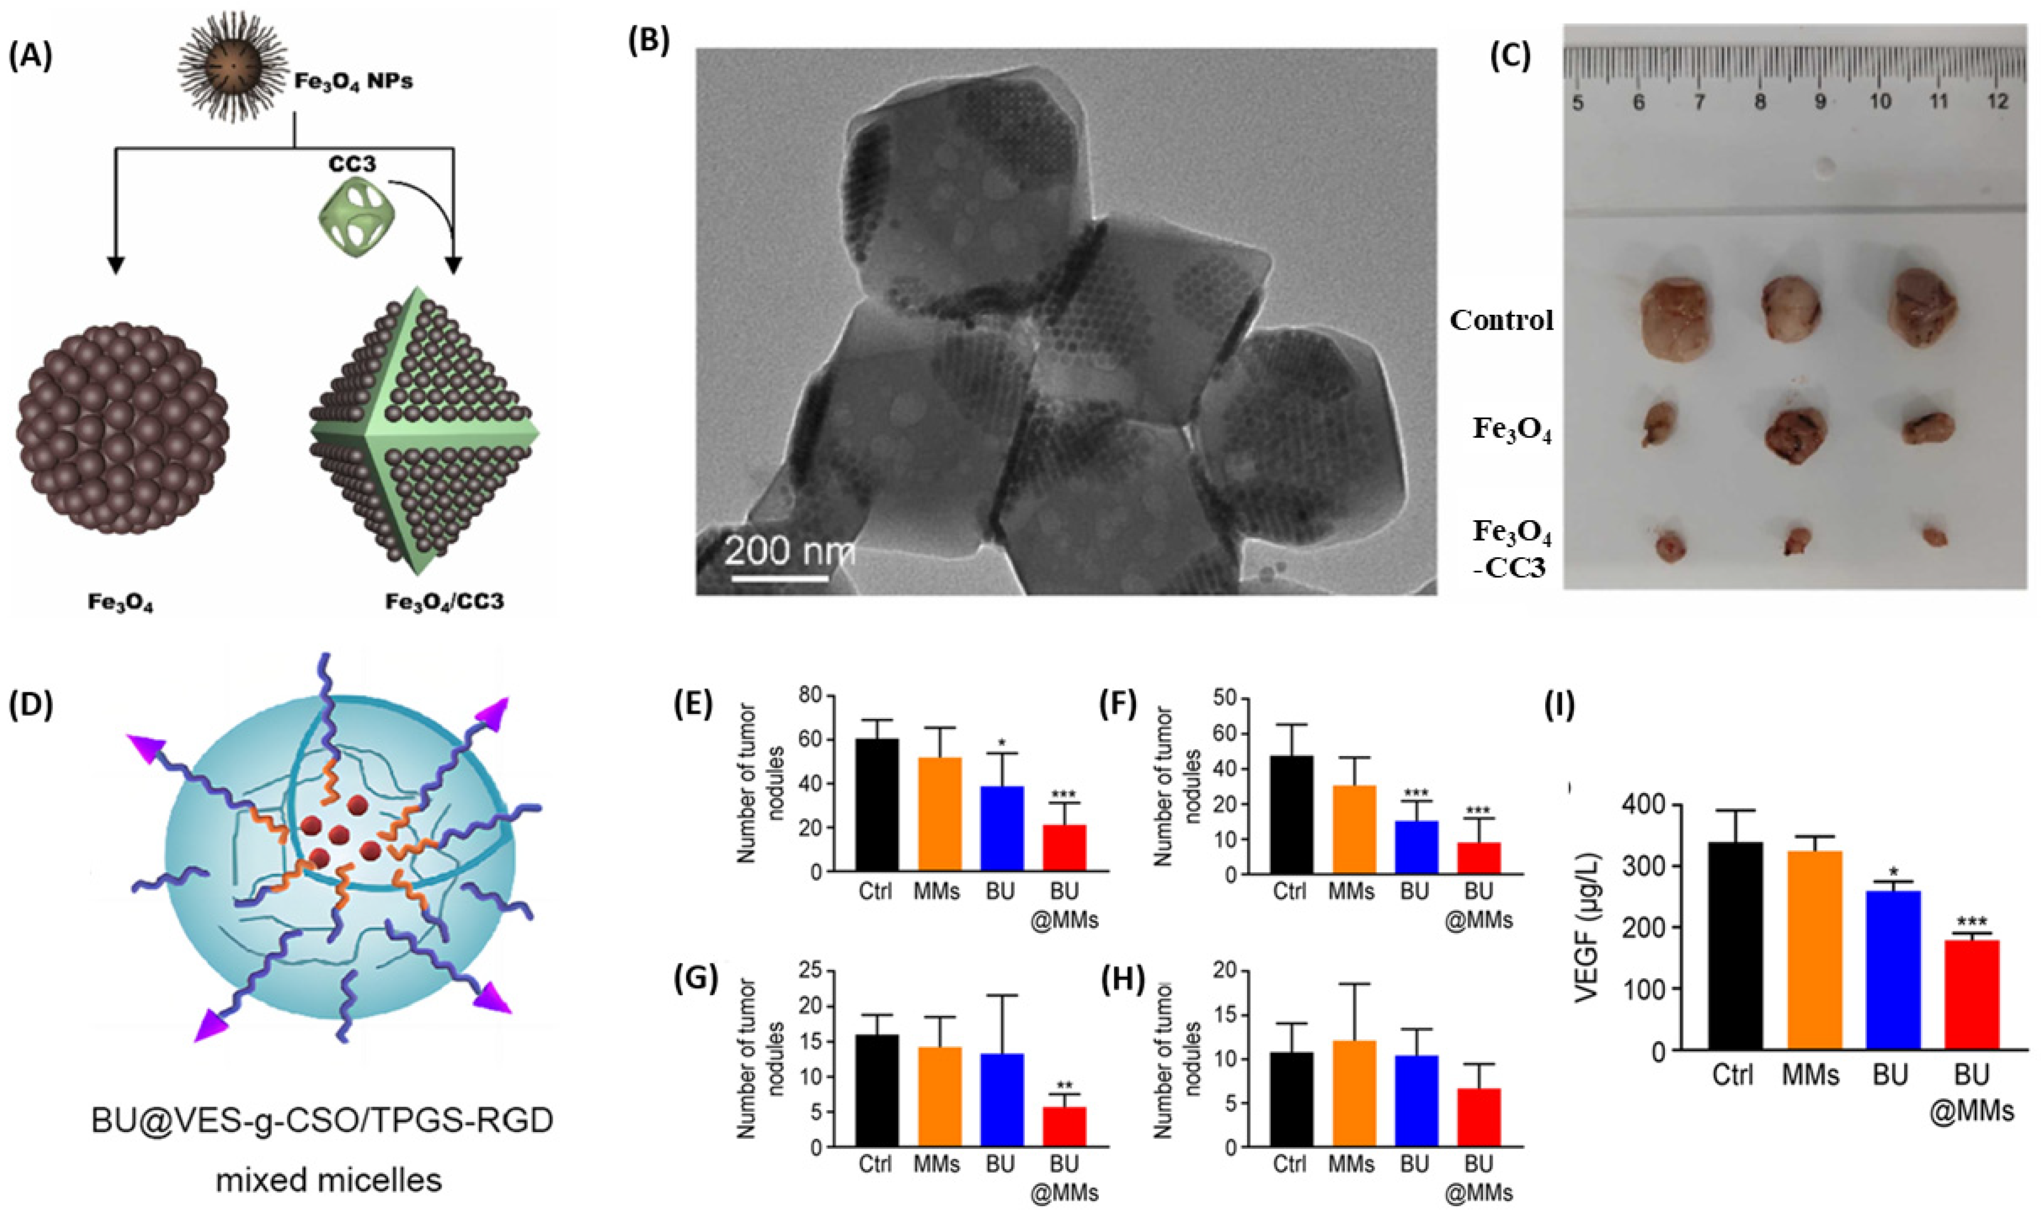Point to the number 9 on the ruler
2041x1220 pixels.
1820,101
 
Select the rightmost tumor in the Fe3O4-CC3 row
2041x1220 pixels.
1937,536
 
